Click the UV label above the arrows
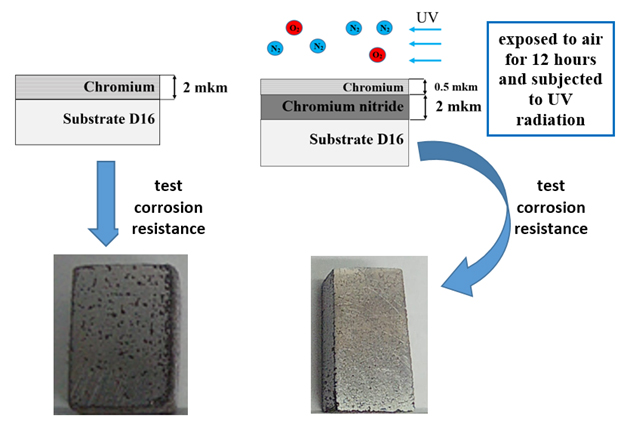[x=427, y=18]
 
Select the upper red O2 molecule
[x=294, y=28]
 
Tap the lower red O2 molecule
[x=377, y=55]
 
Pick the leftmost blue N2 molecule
[x=275, y=48]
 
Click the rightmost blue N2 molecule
[x=384, y=28]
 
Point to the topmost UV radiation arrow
[x=425, y=29]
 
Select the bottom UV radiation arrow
[x=425, y=60]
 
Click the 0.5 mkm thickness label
[x=456, y=87]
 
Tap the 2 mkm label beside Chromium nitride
[x=458, y=107]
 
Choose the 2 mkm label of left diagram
[x=205, y=87]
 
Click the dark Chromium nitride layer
[x=335, y=107]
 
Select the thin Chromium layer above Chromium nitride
[x=335, y=87]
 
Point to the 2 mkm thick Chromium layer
[x=88, y=87]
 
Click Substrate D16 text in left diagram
[x=109, y=119]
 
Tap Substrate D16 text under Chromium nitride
[x=356, y=139]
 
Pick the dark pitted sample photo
[x=121, y=335]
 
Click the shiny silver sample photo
[x=369, y=335]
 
